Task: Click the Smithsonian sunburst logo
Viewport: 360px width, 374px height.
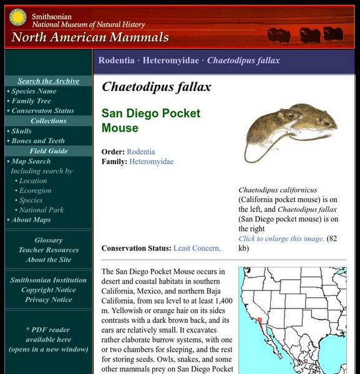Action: (17, 17)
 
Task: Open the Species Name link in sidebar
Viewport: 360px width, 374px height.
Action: (34, 91)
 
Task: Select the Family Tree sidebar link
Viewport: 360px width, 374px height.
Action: (31, 101)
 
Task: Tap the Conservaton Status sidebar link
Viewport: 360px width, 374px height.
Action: (42, 111)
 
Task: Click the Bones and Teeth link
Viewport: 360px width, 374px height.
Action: (38, 141)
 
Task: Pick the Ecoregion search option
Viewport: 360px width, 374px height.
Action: (35, 191)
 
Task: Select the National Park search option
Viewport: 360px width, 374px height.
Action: (42, 210)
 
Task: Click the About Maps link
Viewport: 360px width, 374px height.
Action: (31, 219)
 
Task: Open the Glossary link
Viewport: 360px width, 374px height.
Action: (49, 240)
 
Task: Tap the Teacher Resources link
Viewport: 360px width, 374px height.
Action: (49, 250)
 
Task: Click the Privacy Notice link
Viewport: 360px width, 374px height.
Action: (49, 300)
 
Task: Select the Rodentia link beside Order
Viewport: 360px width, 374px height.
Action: (141, 151)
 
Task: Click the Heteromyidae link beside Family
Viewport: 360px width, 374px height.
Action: (152, 161)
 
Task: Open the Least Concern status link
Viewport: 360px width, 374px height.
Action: (197, 248)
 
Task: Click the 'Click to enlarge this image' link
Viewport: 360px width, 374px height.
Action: (281, 239)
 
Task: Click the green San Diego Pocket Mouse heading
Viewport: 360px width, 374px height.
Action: (151, 121)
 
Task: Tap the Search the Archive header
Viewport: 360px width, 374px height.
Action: (49, 81)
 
